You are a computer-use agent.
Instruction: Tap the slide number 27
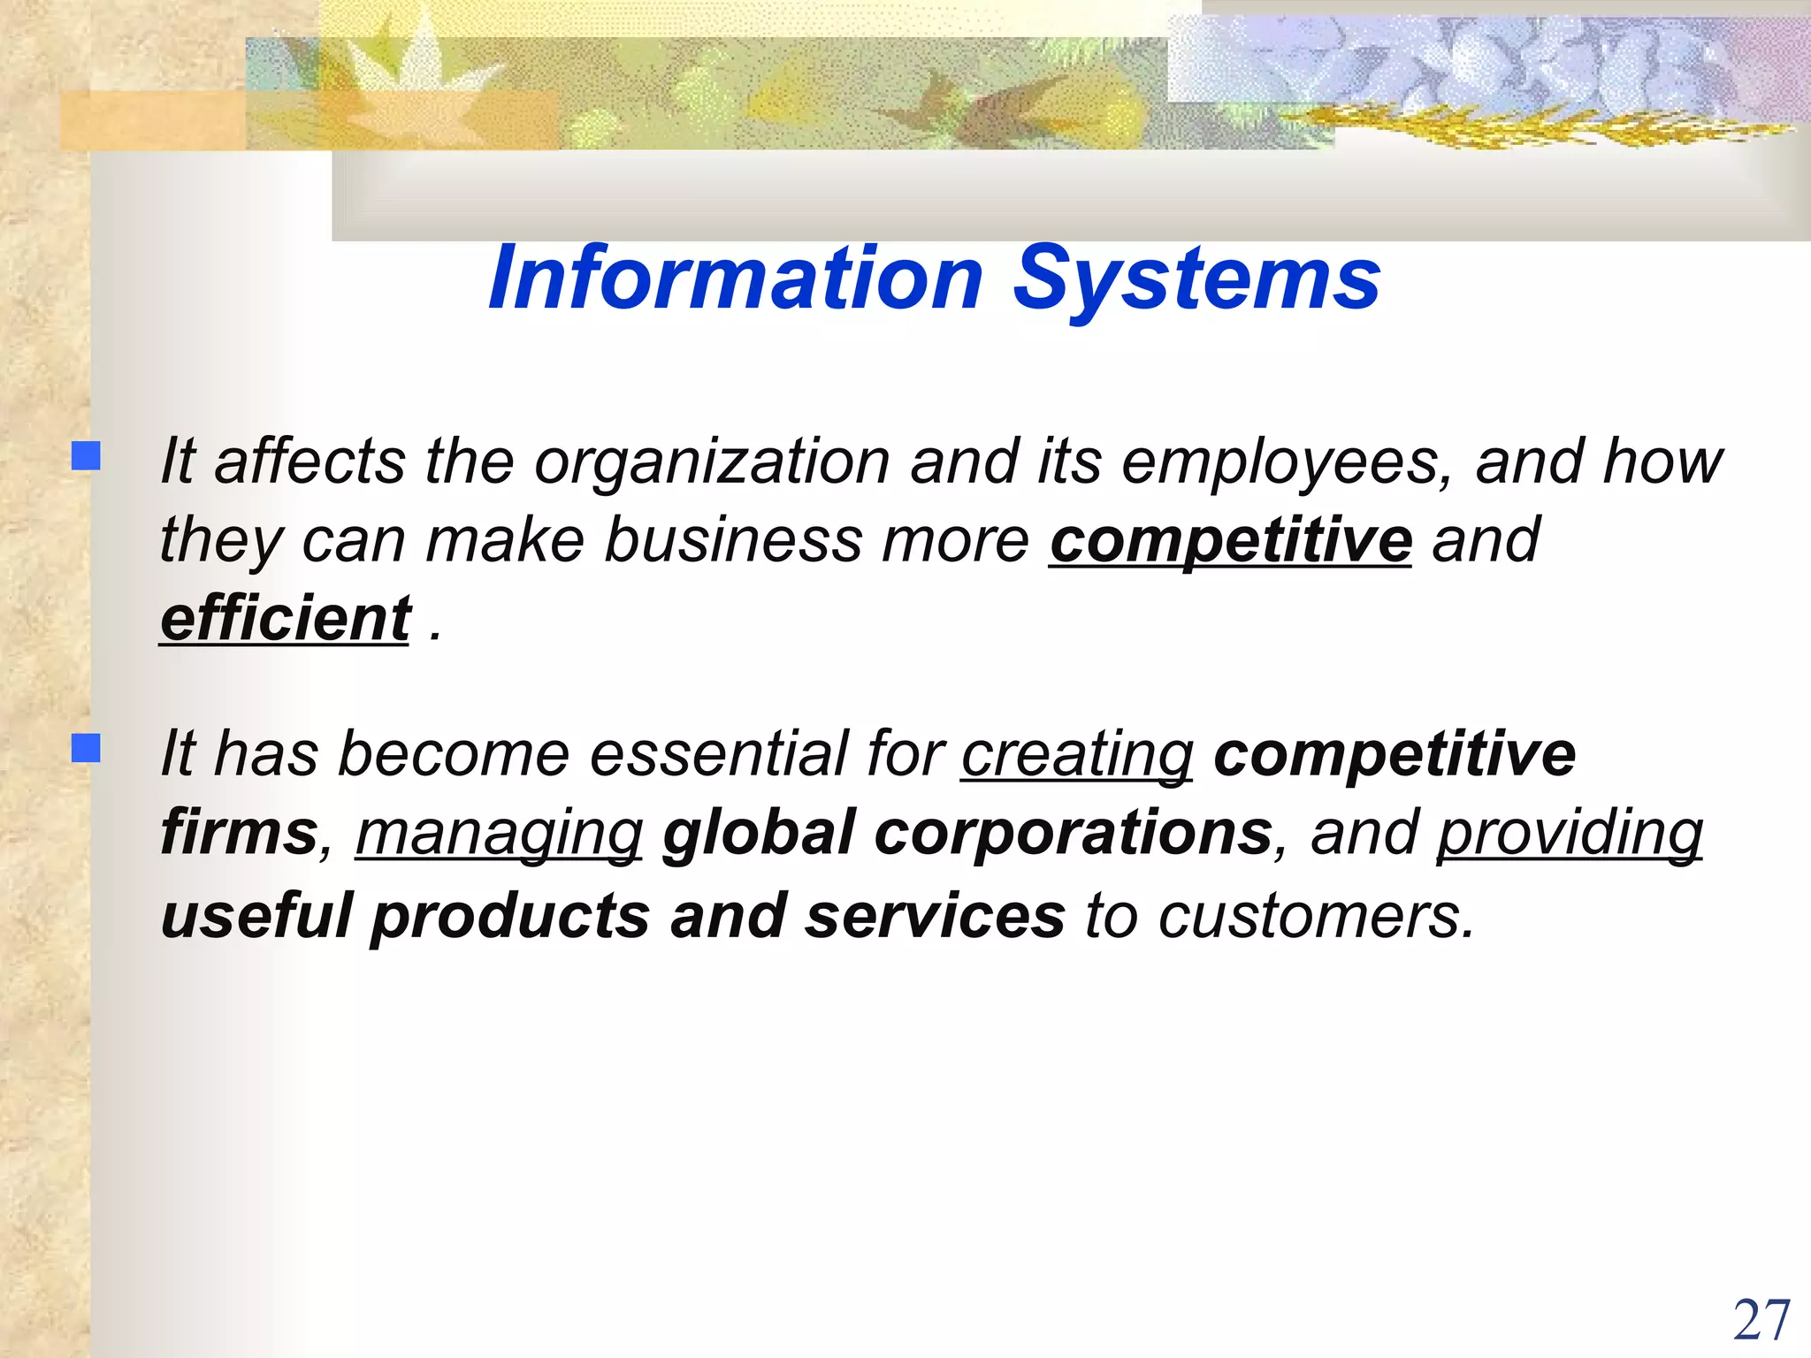(1761, 1321)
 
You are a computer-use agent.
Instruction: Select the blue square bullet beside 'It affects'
(86, 456)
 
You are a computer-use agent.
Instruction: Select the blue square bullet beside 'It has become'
(86, 749)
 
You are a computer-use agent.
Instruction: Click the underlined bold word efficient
(285, 618)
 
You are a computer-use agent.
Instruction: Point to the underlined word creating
(1077, 755)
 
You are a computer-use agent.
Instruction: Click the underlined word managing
(499, 835)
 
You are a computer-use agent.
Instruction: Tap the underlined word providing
(1569, 835)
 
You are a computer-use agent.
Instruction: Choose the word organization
(712, 462)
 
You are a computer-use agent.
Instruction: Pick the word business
(733, 540)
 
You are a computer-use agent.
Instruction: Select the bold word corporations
(1073, 833)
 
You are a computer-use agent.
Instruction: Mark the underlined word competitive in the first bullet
(1230, 540)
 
